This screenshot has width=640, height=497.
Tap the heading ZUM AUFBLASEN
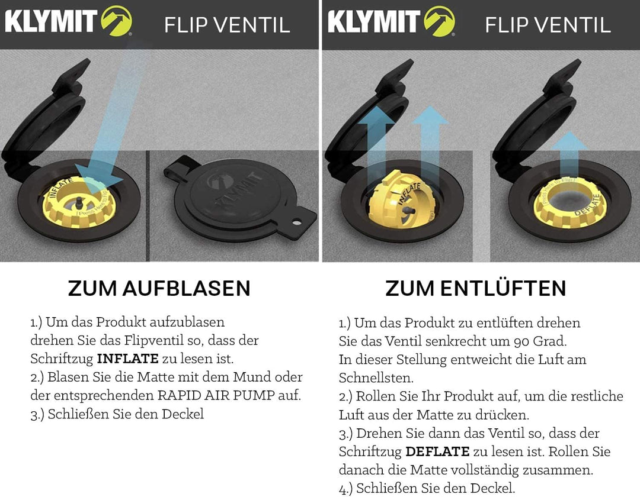pos(159,288)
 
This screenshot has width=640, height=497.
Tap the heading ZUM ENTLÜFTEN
pos(475,288)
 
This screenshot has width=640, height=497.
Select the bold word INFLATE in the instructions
pos(127,359)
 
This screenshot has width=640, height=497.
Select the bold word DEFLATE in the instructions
pos(437,452)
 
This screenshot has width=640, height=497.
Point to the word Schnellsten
pos(376,378)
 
